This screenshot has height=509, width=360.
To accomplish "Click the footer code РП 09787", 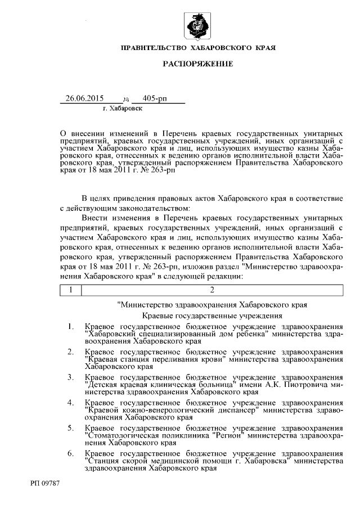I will click(46, 483).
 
